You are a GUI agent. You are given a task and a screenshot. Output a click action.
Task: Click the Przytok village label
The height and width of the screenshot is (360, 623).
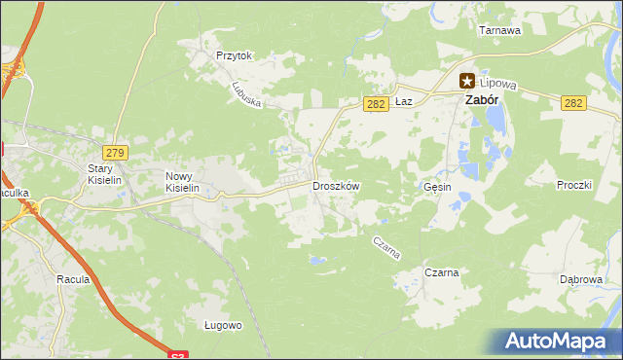pos(235,56)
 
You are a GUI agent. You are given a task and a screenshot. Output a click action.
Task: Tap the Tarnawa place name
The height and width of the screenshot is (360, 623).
pos(499,30)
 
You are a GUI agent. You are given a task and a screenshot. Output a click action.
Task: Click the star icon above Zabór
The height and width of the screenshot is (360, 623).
pos(467,83)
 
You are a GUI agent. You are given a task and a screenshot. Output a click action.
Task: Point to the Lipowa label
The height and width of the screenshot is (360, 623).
pos(500,85)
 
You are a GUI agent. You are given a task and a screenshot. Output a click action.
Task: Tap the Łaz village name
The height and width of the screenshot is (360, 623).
pos(406,101)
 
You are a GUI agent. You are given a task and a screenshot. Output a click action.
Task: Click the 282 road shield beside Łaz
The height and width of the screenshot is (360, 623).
pos(377,104)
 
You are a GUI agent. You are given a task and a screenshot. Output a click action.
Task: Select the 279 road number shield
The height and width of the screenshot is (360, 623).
pos(115,153)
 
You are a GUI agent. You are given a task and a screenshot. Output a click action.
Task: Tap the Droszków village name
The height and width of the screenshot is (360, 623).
pos(336,186)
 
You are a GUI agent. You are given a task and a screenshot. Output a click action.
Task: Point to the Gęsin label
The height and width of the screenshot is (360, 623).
pos(438,187)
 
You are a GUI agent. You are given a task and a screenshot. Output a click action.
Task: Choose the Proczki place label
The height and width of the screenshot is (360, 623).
pos(574,185)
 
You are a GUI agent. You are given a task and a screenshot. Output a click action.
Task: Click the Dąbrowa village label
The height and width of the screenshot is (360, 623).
pos(580,279)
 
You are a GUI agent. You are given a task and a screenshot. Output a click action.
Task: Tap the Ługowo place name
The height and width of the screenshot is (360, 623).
pos(222,325)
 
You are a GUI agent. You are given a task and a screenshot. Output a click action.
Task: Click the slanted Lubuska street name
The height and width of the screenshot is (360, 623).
pos(246,93)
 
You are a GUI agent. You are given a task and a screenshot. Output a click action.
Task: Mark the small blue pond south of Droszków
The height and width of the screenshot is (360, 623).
pos(317,260)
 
